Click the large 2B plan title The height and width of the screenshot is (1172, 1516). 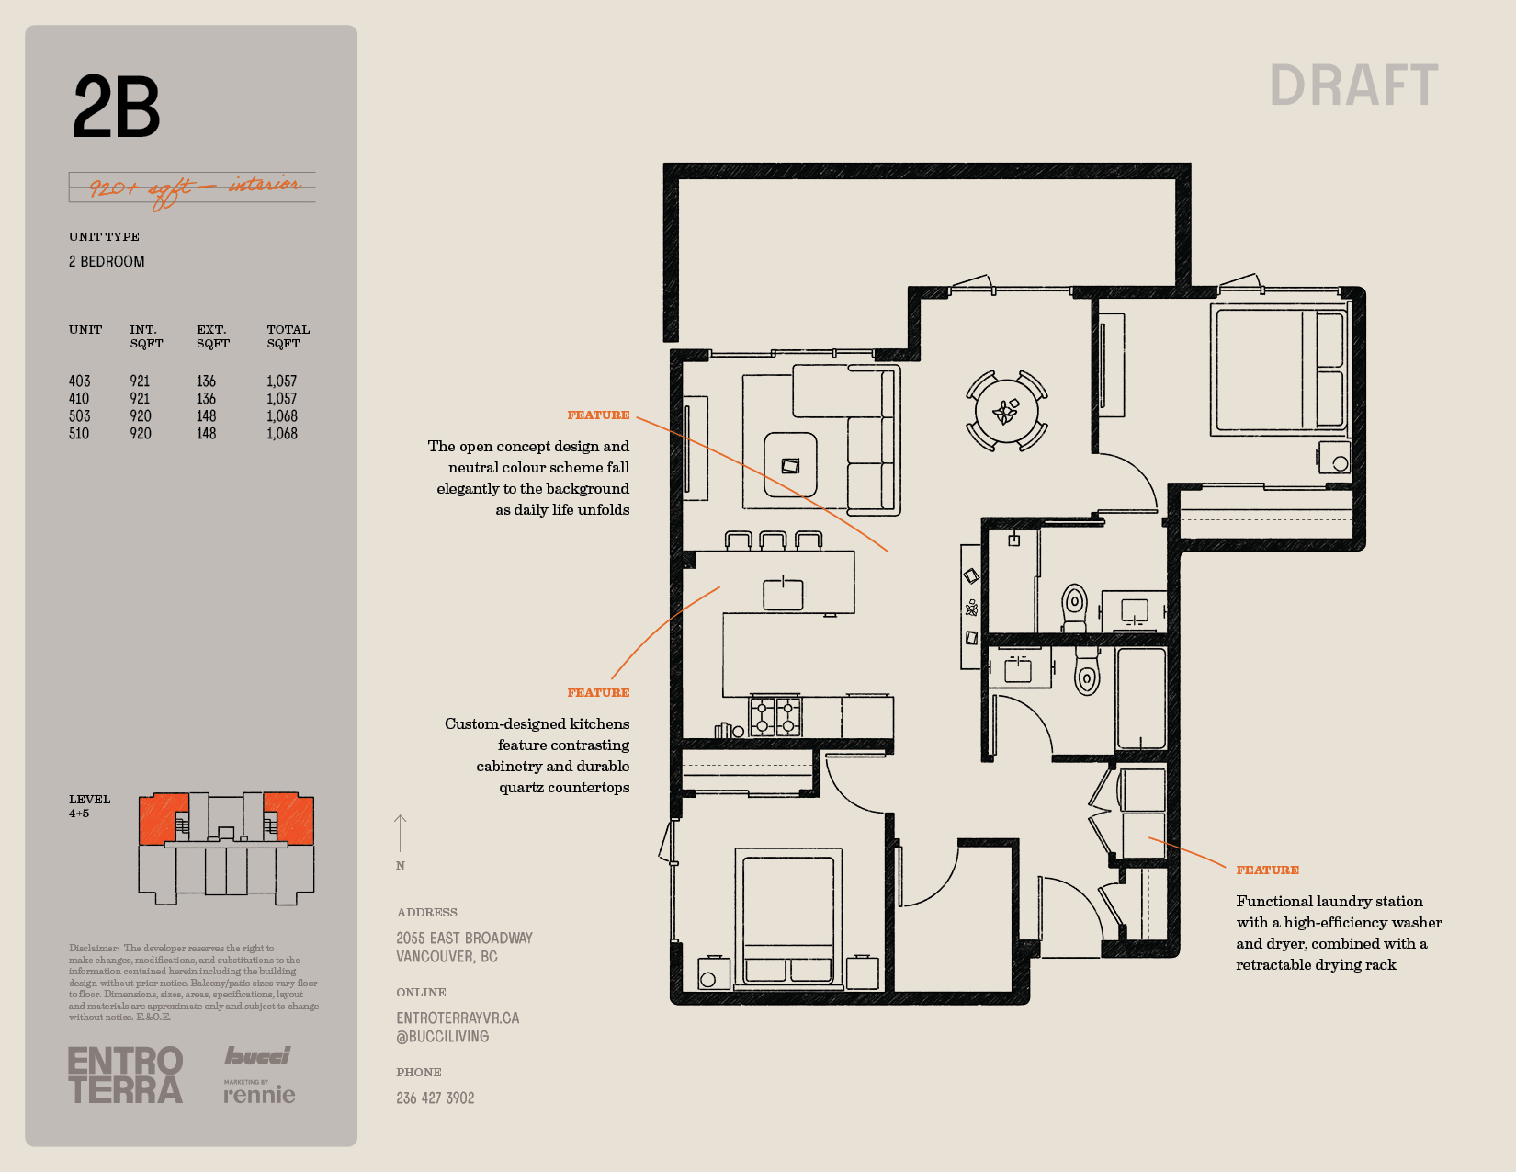coord(116,107)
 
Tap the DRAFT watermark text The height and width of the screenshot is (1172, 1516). coord(1353,85)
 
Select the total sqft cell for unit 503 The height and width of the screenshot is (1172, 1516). coord(282,416)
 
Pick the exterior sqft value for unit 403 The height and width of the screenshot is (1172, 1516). coord(206,381)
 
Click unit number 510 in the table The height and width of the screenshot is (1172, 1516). coord(79,434)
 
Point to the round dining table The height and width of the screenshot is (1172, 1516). coord(1006,411)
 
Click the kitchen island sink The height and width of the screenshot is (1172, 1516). coord(783,594)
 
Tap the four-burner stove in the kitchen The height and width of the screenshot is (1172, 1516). coord(775,717)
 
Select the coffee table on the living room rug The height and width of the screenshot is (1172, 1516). coord(790,465)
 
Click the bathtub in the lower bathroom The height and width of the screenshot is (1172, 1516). coord(1141,699)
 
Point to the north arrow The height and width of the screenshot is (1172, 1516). coord(400,834)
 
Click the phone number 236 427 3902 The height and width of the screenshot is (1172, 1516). coord(436,1098)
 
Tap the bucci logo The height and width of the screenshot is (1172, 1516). coord(257,1056)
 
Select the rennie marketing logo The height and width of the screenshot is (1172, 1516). coord(259,1092)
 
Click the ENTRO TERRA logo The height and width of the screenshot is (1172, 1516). coord(126,1075)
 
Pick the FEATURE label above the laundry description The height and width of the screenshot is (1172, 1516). coord(1268,870)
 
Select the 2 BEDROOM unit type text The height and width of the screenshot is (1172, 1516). coord(107,262)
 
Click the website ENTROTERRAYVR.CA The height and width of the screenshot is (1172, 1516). coord(458,1018)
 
